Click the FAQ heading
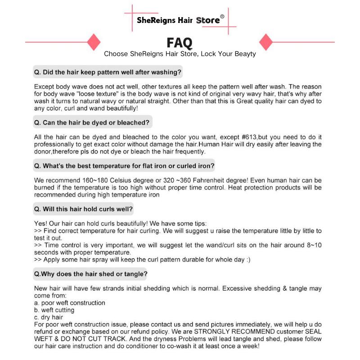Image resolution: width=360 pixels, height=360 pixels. click(180, 42)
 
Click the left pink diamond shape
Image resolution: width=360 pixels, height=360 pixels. click(94, 42)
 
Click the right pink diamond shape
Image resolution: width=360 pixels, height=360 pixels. click(266, 42)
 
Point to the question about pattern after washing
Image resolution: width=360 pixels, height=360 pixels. click(108, 72)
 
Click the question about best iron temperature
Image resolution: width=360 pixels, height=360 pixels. click(124, 166)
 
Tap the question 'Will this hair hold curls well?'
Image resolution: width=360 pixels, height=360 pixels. click(83, 209)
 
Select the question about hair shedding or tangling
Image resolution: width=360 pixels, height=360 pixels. click(91, 274)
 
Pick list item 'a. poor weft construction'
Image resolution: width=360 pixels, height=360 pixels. click(70, 303)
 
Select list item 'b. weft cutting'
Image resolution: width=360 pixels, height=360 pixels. click(54, 310)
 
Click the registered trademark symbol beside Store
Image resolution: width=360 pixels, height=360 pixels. click(222, 16)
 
